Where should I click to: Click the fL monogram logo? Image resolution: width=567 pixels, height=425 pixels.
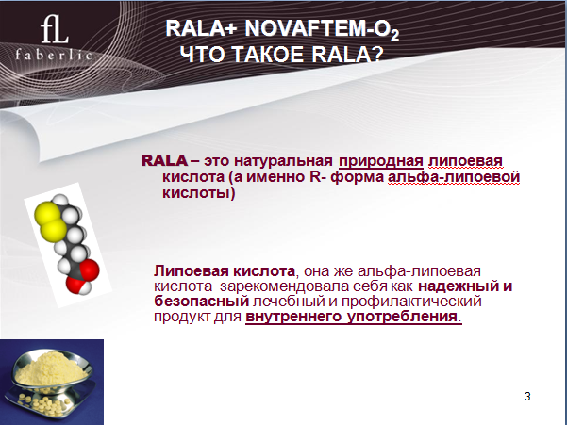(x=55, y=29)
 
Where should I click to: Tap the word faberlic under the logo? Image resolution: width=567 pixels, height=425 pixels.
(x=54, y=55)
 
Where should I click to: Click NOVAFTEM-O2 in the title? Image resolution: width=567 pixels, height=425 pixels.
(x=322, y=29)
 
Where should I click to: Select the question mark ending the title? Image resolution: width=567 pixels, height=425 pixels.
(x=376, y=55)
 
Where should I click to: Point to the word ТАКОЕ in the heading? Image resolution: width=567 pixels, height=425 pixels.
(x=267, y=55)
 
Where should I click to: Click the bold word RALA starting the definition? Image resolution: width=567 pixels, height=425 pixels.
(x=164, y=161)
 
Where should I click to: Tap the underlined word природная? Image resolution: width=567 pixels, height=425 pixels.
(x=381, y=161)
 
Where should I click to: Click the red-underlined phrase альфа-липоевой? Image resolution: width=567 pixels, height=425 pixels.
(x=454, y=177)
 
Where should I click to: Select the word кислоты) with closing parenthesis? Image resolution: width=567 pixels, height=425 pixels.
(x=198, y=193)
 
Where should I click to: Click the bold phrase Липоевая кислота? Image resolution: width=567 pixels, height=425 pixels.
(x=225, y=270)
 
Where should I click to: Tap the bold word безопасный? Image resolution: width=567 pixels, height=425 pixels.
(x=201, y=302)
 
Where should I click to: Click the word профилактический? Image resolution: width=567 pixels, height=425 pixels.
(x=411, y=302)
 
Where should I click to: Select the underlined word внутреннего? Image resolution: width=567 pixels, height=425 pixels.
(x=293, y=317)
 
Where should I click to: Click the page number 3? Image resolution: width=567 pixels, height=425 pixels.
(x=527, y=396)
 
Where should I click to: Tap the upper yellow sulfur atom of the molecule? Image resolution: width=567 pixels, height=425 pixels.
(x=47, y=215)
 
